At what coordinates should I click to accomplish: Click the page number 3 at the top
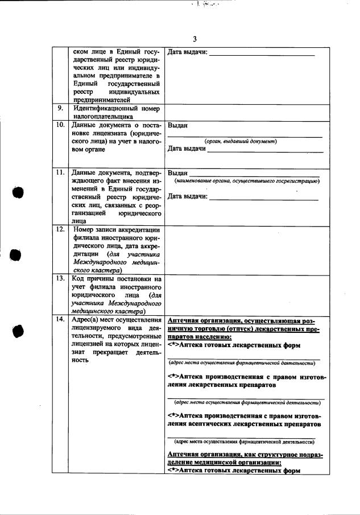(194, 39)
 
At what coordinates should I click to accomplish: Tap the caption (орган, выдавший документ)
(240, 141)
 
